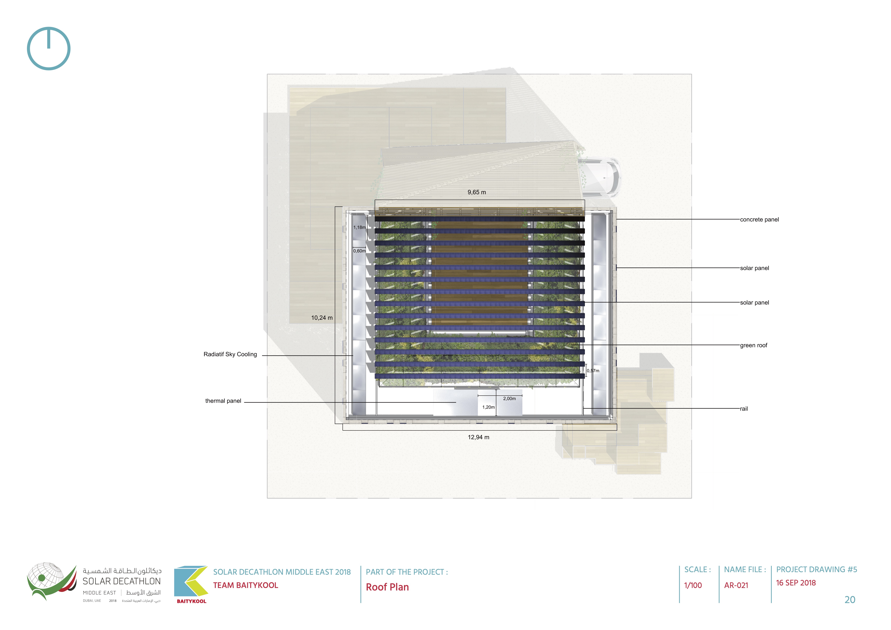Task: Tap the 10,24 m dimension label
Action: click(x=322, y=318)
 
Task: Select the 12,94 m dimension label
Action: click(x=478, y=437)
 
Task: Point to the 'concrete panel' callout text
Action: click(x=759, y=219)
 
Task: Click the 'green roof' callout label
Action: click(x=753, y=345)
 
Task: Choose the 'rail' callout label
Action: click(x=744, y=409)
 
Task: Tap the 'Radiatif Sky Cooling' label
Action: click(x=230, y=354)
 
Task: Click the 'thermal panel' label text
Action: click(x=223, y=401)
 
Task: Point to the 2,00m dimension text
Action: click(x=509, y=398)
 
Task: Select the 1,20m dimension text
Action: click(x=488, y=407)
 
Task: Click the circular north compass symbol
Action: click(x=49, y=49)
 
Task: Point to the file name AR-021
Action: click(x=736, y=585)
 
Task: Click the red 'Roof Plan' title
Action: click(x=387, y=587)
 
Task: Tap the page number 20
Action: click(x=850, y=600)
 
